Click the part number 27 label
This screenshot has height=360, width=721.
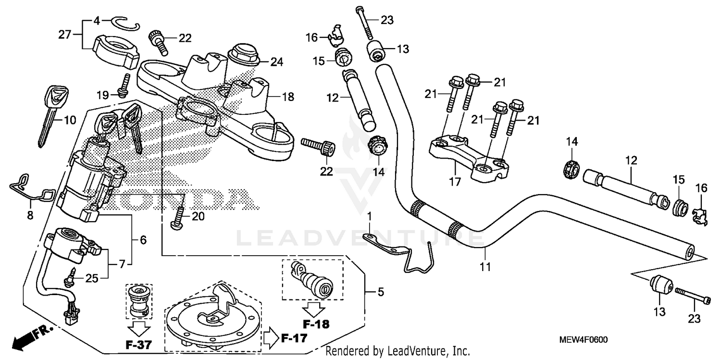(65, 35)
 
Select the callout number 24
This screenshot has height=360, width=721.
(276, 62)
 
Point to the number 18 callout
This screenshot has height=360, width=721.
(287, 97)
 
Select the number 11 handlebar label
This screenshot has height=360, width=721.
(485, 266)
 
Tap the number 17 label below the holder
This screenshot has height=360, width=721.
(455, 182)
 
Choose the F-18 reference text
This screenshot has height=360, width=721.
(316, 324)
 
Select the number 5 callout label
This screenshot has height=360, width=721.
(381, 291)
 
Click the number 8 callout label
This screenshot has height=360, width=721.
(30, 216)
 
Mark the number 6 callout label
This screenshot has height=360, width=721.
(143, 239)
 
